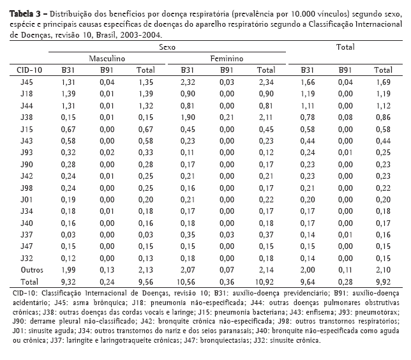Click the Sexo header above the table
point(167,47)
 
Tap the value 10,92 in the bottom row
point(264,281)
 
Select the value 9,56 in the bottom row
point(146,281)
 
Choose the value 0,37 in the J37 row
point(265,234)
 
